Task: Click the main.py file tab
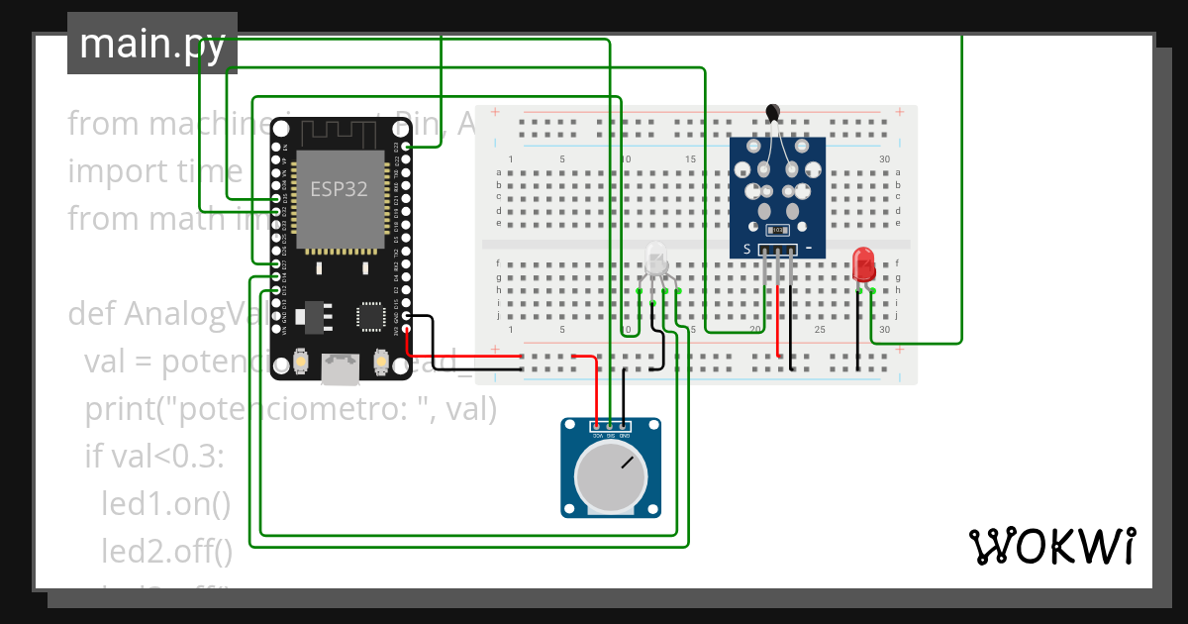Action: point(151,45)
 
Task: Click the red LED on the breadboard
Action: point(863,263)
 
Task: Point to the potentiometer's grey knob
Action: point(610,474)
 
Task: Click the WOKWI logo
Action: point(1050,546)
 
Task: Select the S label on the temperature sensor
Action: point(746,250)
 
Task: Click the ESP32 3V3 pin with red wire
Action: point(405,330)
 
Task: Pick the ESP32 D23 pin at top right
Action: point(405,148)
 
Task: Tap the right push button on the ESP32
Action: point(380,364)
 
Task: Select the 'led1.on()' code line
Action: point(165,503)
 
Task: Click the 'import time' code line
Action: point(154,171)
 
